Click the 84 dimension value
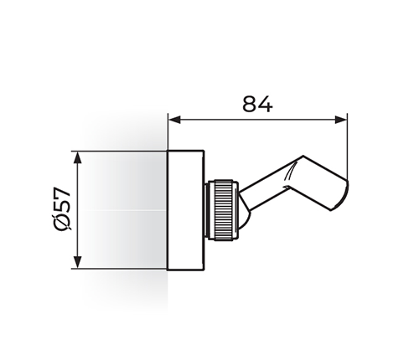click(257, 104)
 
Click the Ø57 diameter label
click(62, 208)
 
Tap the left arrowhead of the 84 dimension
click(174, 120)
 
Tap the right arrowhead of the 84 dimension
click(340, 120)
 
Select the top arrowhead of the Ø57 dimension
click(78, 158)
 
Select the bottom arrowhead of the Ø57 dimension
click(78, 262)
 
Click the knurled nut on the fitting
click(224, 210)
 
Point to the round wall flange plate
click(186, 210)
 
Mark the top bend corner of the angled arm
click(303, 156)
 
